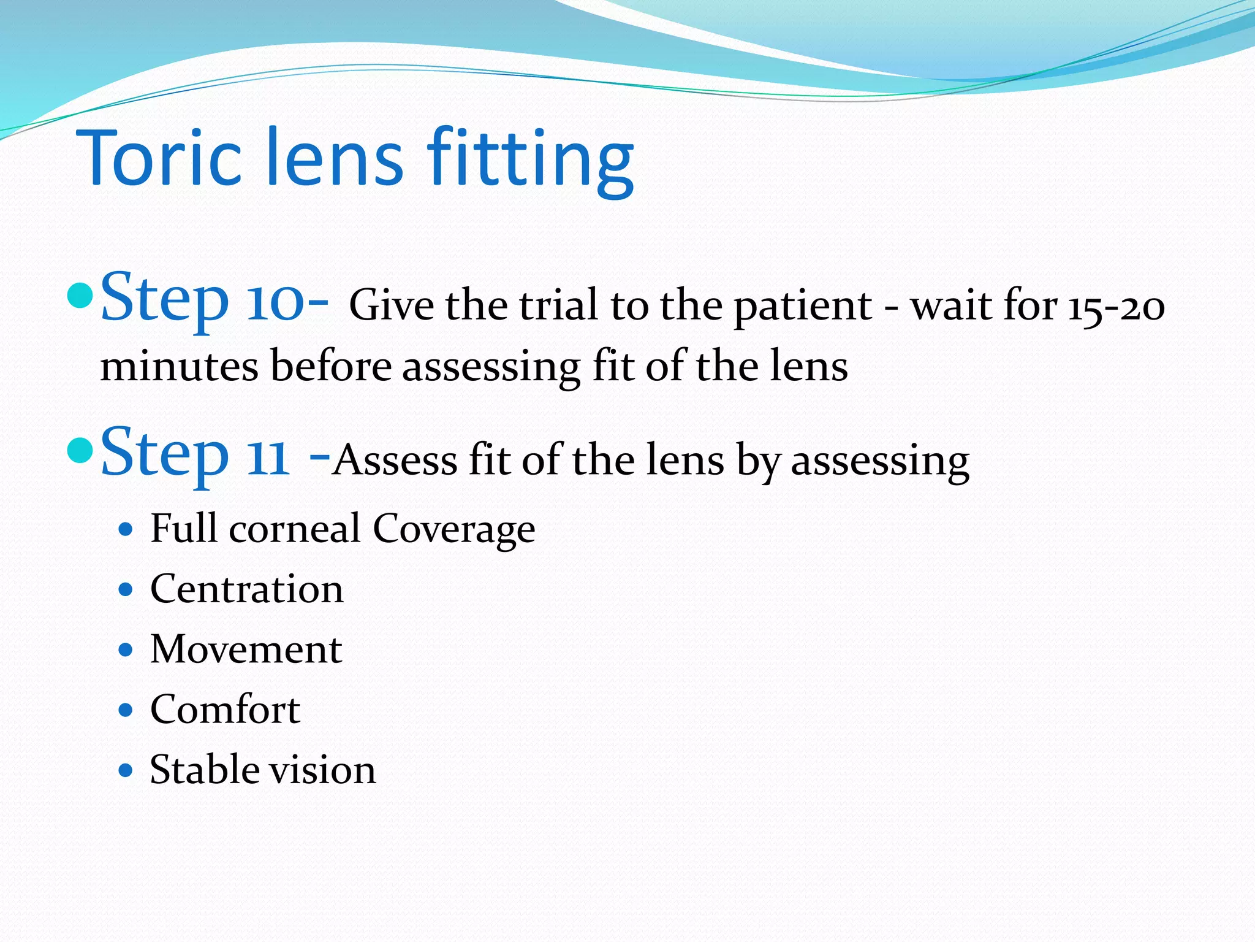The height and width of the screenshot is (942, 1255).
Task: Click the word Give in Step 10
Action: click(392, 305)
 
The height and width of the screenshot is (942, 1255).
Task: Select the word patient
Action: click(802, 306)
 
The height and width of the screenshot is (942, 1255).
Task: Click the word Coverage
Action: click(453, 529)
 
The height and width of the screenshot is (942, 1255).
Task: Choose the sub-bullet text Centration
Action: click(246, 589)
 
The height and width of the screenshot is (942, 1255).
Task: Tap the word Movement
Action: click(246, 649)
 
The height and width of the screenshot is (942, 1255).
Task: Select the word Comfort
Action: click(225, 710)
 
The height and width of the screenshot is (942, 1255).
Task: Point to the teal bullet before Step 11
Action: click(80, 451)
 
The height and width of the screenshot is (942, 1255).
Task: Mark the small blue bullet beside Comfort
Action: click(126, 710)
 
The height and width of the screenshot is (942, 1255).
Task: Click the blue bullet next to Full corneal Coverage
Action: click(126, 529)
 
